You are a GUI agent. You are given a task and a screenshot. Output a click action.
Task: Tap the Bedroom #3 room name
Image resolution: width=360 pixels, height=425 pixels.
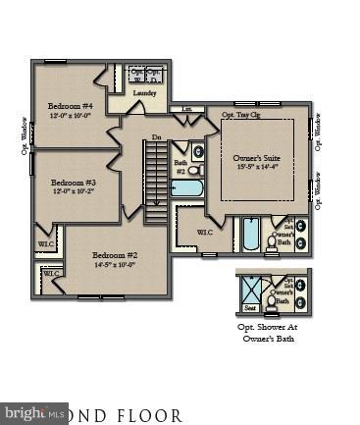(74, 183)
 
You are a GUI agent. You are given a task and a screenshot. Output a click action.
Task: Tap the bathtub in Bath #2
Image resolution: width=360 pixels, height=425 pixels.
(186, 187)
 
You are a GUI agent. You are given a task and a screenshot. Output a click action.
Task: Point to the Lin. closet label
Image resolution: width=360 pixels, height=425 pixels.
(186, 109)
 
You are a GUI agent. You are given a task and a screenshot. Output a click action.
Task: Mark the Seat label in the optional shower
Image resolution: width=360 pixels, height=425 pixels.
(250, 306)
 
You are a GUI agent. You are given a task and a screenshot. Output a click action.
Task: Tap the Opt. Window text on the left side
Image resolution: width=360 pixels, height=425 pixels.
(25, 135)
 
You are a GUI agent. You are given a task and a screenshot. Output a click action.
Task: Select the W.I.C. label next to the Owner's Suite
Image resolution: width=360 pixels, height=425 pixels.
(204, 233)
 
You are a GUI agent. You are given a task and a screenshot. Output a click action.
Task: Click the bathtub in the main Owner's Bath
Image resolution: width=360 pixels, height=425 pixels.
(250, 236)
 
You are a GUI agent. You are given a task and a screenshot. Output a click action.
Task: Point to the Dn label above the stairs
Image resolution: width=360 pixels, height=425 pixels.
(156, 137)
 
